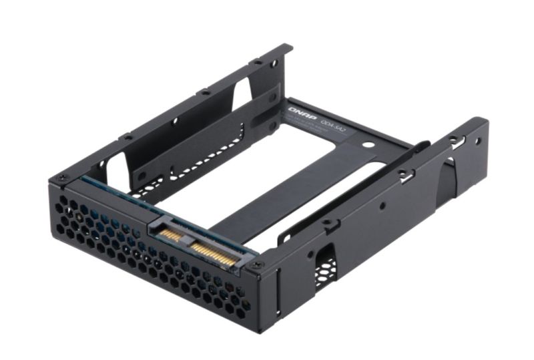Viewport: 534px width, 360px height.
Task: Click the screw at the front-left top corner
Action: [61, 178]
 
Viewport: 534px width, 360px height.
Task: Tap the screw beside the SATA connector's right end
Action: [256, 265]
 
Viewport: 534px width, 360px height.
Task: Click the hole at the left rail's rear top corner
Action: [274, 63]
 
